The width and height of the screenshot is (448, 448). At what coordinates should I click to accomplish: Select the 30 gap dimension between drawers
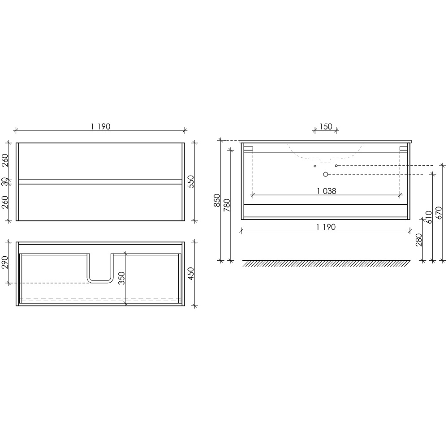pos(5,181)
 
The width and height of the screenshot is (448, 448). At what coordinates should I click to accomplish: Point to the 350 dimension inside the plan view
pos(121,278)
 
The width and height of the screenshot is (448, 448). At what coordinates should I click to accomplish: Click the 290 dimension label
pos(5,262)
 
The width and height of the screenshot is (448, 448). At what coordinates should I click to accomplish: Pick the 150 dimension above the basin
pos(326,126)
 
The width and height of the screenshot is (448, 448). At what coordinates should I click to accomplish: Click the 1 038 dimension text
pos(327,191)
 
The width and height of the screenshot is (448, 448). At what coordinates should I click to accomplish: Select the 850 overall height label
pos(217,200)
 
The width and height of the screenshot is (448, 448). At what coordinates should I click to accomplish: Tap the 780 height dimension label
pos(227,205)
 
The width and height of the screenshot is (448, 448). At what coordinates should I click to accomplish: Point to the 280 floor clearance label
pos(419,240)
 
